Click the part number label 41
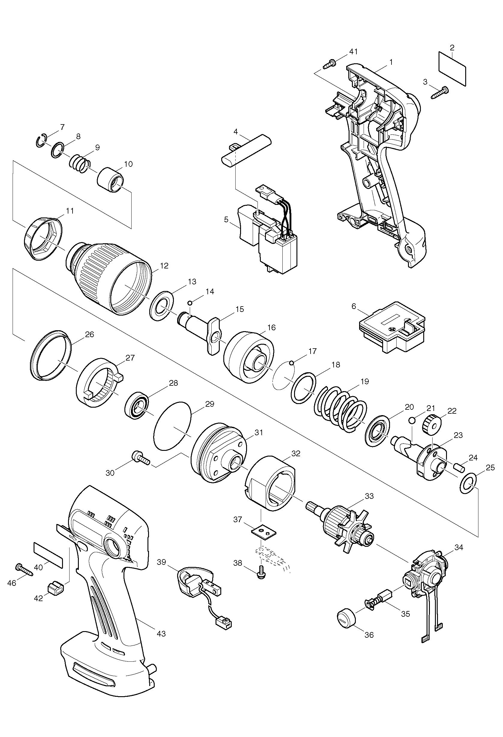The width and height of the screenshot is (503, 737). pos(353,52)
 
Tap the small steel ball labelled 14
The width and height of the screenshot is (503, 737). pos(189,303)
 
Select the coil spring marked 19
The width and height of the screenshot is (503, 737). pos(341,409)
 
